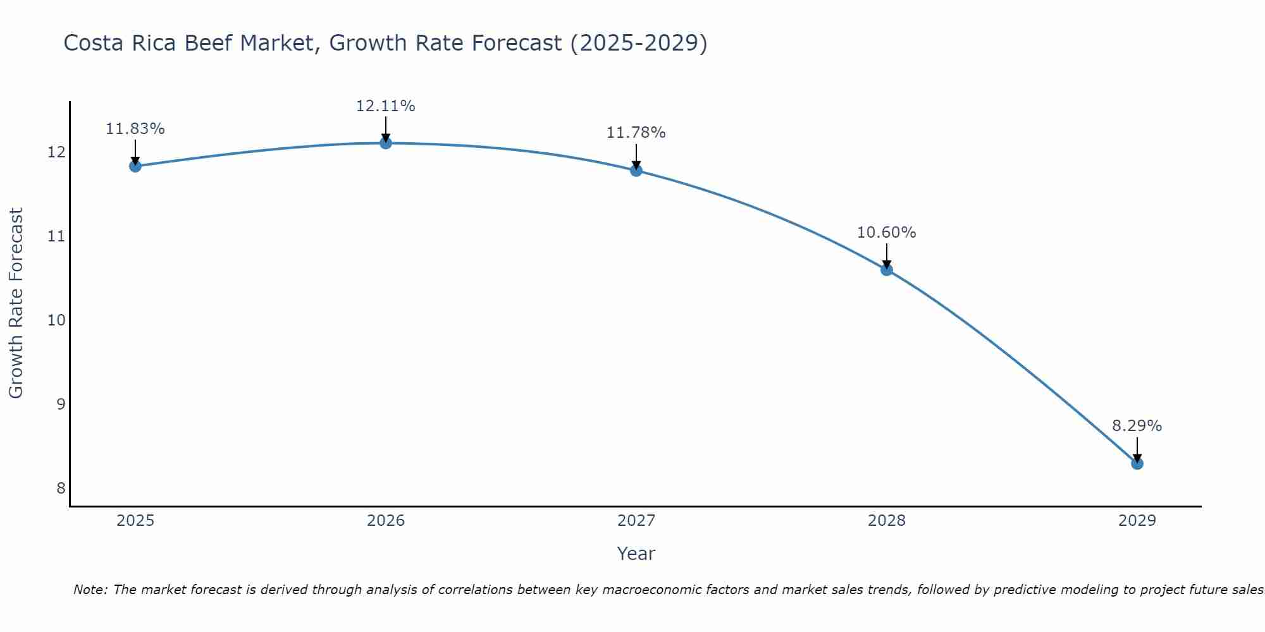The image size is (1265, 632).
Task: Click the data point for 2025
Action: [x=135, y=166]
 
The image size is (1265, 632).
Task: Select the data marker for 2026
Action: [x=386, y=143]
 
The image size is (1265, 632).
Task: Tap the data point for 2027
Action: [x=636, y=170]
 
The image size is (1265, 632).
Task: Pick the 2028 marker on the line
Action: [x=887, y=270]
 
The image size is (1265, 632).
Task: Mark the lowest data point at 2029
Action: [x=1137, y=463]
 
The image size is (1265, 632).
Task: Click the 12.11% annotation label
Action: [x=385, y=106]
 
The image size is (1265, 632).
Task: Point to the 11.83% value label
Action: [x=135, y=129]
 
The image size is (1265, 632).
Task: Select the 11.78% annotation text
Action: [x=636, y=133]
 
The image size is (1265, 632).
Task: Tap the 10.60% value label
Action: [x=886, y=233]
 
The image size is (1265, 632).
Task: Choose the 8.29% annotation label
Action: [x=1137, y=426]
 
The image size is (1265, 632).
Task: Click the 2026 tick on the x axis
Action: [x=386, y=521]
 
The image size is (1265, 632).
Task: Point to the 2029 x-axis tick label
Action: [x=1137, y=521]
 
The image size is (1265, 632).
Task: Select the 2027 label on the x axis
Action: [x=636, y=521]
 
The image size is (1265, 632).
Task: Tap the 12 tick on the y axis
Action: [x=57, y=152]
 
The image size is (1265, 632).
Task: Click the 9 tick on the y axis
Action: [x=61, y=404]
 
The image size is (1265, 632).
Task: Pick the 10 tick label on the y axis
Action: [x=57, y=320]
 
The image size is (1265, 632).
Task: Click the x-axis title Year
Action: [x=636, y=554]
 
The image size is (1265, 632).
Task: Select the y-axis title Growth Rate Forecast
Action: [x=16, y=303]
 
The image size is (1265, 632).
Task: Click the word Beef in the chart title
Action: [x=206, y=43]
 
